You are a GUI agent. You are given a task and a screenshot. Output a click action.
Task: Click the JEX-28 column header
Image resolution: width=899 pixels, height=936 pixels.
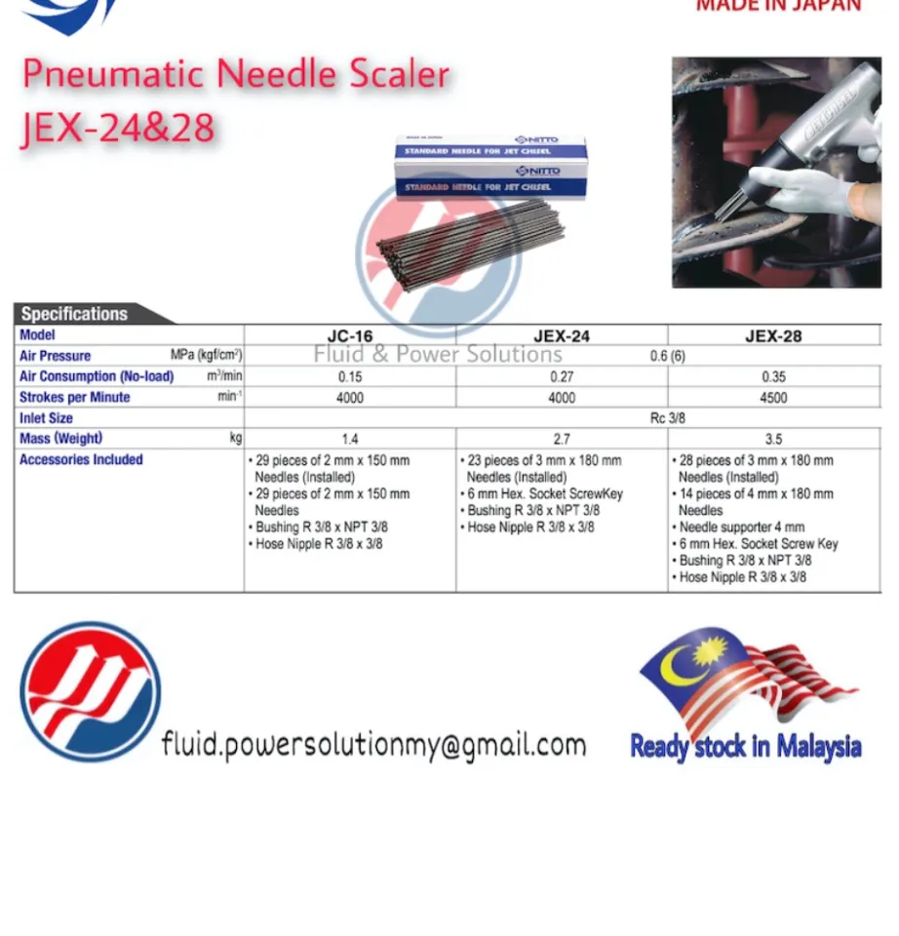(773, 336)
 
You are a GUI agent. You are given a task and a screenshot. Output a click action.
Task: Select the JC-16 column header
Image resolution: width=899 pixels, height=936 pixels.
(349, 336)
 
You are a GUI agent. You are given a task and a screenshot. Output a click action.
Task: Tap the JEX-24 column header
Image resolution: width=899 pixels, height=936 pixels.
(562, 336)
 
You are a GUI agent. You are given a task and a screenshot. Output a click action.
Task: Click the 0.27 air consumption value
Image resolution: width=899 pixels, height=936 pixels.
(562, 377)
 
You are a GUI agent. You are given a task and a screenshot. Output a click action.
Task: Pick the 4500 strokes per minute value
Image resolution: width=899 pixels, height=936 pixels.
(773, 398)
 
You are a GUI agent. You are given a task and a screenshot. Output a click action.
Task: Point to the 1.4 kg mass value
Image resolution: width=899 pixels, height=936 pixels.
(349, 440)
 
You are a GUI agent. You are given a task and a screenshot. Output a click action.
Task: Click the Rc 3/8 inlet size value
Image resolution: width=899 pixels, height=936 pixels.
(668, 418)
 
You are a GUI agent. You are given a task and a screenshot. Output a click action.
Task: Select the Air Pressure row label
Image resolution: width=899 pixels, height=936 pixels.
(56, 356)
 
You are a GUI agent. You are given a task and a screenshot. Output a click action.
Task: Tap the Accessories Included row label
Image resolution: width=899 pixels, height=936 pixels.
(81, 459)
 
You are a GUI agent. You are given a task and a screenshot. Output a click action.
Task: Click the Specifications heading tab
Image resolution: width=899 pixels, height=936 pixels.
(75, 314)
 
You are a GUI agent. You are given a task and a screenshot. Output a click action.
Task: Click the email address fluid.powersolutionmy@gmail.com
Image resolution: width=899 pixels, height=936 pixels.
(373, 746)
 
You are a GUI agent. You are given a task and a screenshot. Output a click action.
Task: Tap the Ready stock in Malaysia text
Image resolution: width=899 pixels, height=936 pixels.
(746, 748)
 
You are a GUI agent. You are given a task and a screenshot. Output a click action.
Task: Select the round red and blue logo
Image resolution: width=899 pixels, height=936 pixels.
(91, 691)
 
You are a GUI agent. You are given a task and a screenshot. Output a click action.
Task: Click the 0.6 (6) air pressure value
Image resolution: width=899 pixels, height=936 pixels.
(668, 356)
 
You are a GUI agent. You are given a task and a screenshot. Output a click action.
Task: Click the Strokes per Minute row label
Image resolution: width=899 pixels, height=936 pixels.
(74, 398)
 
